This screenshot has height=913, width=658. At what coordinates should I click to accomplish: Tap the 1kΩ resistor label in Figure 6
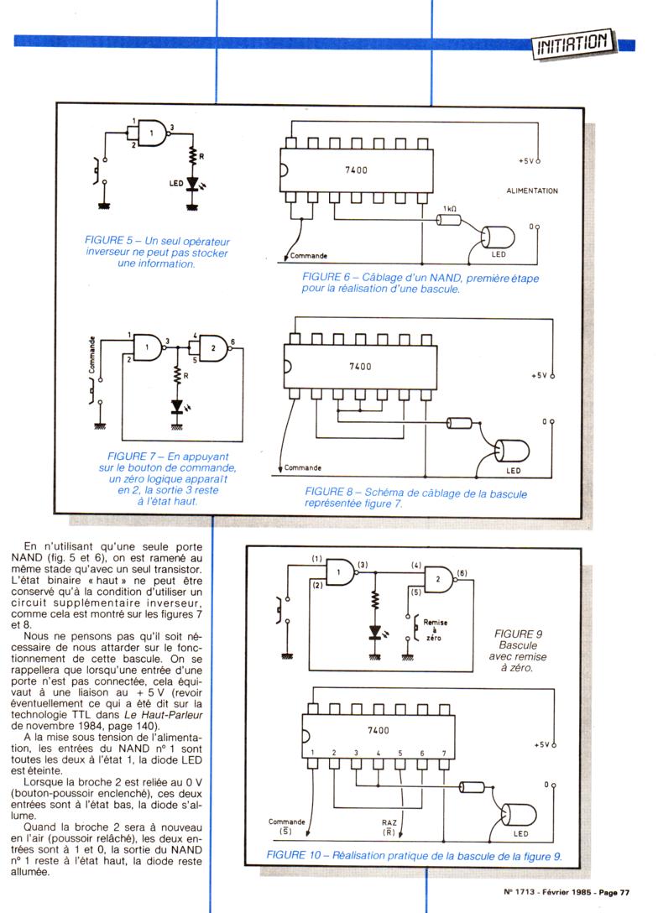449,207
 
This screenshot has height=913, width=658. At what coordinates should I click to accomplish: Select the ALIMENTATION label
532,191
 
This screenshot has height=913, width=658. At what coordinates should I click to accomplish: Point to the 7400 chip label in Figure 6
357,170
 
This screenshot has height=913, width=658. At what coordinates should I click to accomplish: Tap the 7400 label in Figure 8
359,367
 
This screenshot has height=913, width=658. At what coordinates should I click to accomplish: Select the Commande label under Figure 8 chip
304,467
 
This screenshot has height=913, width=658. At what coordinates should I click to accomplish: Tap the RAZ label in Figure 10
389,826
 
